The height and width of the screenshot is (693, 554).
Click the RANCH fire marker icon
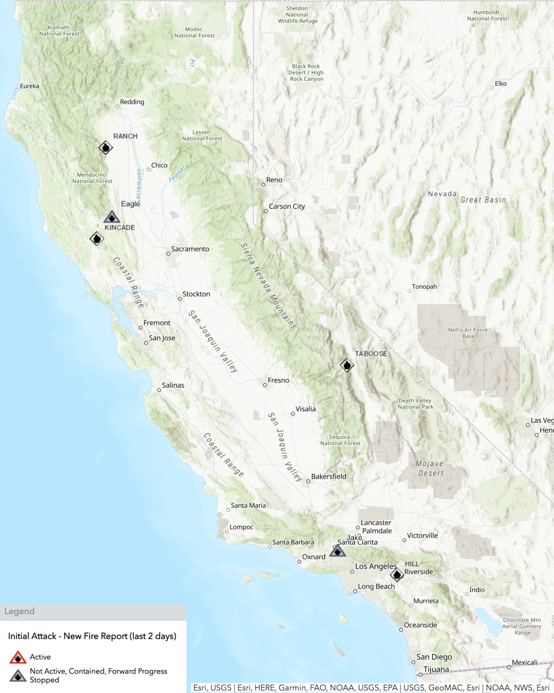tap(106, 148)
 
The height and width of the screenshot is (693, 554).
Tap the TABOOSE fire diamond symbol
tap(347, 365)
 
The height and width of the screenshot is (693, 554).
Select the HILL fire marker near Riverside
tap(397, 575)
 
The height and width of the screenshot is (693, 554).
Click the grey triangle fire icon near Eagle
tap(112, 217)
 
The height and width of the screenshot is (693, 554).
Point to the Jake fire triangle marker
tap(337, 551)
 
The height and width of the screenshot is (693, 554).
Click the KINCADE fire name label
tap(120, 228)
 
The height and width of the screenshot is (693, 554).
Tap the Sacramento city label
tap(190, 249)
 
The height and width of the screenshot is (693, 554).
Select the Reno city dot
tap(264, 185)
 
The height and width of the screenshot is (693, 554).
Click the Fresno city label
tap(278, 380)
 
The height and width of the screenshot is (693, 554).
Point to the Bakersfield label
tap(329, 476)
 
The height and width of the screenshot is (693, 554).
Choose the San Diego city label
tap(434, 657)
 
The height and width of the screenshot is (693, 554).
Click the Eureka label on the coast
tap(30, 86)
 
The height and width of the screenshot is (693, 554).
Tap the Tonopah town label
tap(424, 287)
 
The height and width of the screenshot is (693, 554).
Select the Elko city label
tap(501, 84)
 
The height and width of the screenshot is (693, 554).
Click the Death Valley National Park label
tap(415, 404)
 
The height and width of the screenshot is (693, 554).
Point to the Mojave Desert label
tap(430, 469)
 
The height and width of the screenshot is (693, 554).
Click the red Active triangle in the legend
tap(18, 657)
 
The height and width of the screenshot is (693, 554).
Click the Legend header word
tap(19, 611)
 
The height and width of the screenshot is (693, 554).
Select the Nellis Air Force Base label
tap(468, 333)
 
